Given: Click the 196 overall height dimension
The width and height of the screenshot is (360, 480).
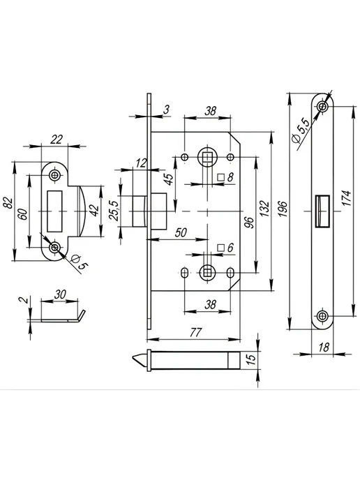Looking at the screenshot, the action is click(x=283, y=209).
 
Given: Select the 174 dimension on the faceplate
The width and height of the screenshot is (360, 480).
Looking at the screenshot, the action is click(x=346, y=197).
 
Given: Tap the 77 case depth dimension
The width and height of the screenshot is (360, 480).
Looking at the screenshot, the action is click(x=195, y=332).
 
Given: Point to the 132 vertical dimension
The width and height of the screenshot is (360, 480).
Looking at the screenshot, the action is click(x=264, y=208).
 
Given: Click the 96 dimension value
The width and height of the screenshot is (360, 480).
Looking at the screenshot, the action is click(x=250, y=223).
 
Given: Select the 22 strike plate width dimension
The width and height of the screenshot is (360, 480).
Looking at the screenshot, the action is click(x=57, y=140).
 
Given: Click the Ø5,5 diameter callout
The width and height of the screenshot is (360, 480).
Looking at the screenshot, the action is click(x=301, y=130).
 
